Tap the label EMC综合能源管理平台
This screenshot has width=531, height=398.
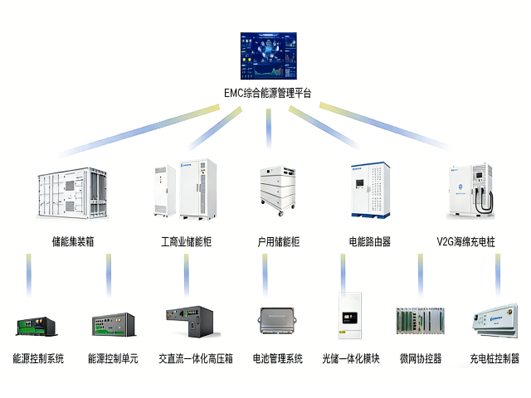[x=268, y=93]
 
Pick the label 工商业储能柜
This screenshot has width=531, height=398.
[x=186, y=242]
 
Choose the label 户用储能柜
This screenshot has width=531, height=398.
[x=278, y=242]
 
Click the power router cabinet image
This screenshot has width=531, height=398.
[x=368, y=191]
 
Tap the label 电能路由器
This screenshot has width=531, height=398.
[x=370, y=242]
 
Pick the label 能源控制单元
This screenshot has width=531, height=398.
[x=113, y=359]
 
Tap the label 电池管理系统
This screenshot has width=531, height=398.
[x=278, y=359]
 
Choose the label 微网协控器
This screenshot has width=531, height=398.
[x=421, y=359]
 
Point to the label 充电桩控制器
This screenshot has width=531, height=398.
[x=495, y=359]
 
